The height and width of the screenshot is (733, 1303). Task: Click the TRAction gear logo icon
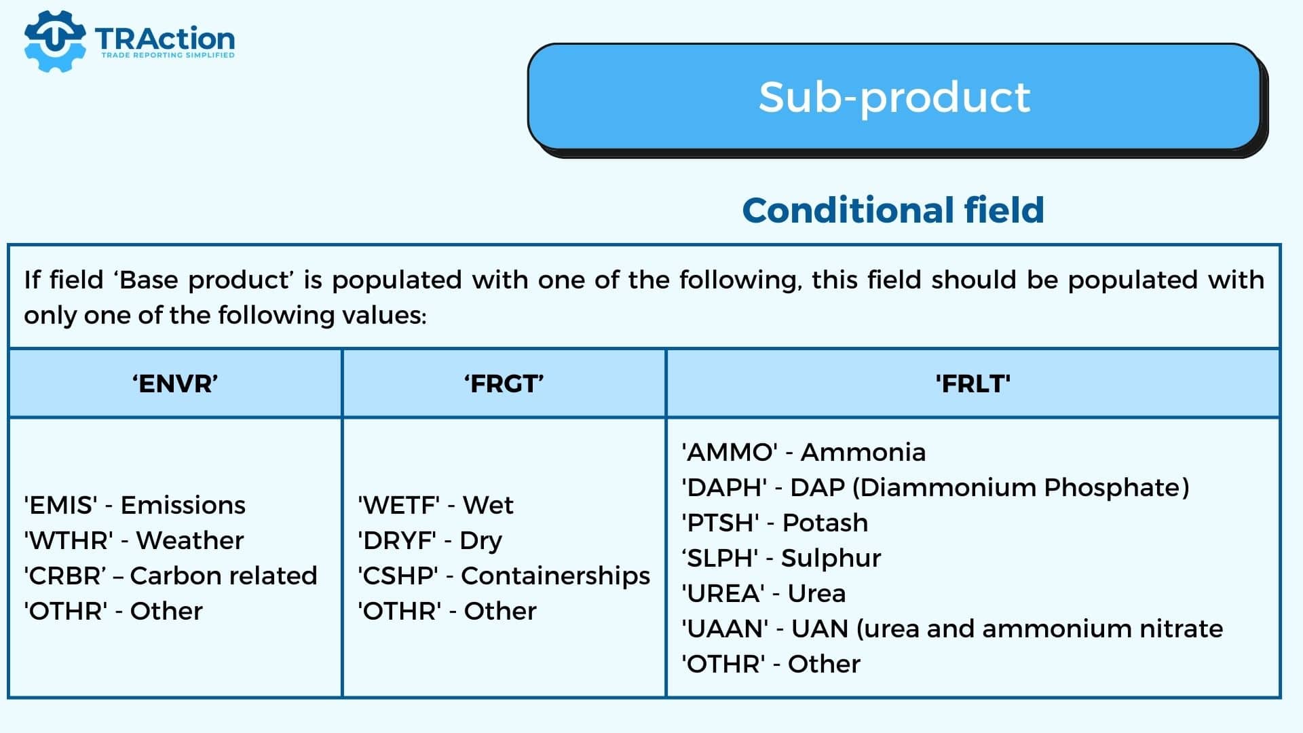click(x=54, y=41)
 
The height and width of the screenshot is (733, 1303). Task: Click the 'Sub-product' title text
click(x=894, y=97)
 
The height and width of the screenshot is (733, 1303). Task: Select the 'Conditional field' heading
click(x=893, y=210)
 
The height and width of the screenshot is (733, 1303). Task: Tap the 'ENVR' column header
click(x=175, y=383)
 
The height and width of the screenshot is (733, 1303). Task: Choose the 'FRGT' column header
click(x=504, y=383)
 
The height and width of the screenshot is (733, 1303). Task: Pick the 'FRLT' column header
click(x=973, y=383)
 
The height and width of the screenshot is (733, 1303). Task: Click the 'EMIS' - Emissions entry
click(x=134, y=505)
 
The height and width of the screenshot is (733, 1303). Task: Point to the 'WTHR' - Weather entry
click(x=134, y=540)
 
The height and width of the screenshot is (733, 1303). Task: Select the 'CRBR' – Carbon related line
click(x=170, y=576)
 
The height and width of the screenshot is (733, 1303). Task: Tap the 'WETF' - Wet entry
click(x=436, y=505)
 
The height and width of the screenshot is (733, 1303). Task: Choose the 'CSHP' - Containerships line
click(x=504, y=576)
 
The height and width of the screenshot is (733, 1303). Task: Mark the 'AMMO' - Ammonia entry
click(x=804, y=452)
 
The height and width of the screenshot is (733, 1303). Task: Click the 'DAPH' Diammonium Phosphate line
click(x=936, y=488)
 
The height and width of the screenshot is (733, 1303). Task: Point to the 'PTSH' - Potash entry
click(x=775, y=523)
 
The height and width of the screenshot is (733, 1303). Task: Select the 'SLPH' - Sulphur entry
click(x=781, y=559)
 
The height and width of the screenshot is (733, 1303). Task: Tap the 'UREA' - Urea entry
click(x=763, y=593)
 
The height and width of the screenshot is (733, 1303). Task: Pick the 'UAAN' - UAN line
click(x=952, y=629)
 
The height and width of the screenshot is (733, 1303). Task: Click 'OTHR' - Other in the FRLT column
click(x=771, y=664)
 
